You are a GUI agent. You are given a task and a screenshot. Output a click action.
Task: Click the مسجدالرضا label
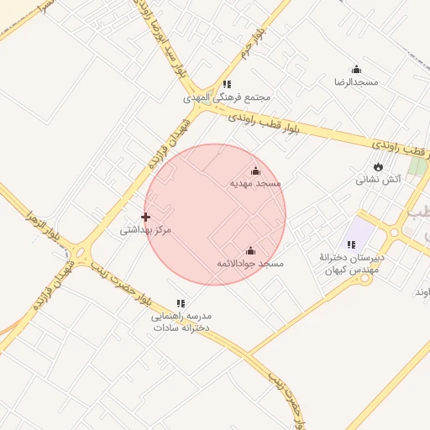coord(356,82)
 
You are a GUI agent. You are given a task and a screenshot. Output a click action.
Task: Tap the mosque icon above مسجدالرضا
coord(356,70)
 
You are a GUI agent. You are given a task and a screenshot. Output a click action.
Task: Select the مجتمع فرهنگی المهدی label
coord(228,97)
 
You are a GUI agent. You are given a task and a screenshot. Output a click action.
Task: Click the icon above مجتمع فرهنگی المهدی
coord(227,84)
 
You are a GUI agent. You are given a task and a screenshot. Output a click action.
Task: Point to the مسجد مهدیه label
coord(255,183)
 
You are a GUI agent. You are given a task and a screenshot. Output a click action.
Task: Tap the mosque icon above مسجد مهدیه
coord(255,171)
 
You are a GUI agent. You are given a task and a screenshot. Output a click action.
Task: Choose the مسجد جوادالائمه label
coord(250,263)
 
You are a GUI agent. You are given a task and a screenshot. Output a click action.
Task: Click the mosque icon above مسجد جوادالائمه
coord(250,250)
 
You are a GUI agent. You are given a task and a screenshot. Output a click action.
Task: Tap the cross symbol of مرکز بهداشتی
coord(145,217)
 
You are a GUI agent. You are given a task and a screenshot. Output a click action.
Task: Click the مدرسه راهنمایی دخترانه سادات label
coord(181,322)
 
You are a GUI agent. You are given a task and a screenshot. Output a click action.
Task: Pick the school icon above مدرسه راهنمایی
coord(181,303)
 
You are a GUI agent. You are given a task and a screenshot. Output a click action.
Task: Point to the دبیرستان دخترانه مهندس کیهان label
coord(350,263)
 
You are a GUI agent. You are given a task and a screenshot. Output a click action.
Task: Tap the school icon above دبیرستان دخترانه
coord(351,244)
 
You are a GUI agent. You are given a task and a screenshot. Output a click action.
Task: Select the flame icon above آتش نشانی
coord(377,166)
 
